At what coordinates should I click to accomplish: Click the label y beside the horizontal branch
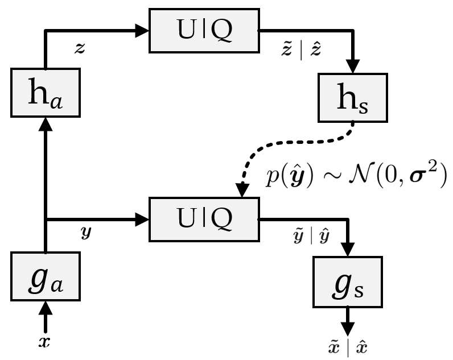coord(85,233)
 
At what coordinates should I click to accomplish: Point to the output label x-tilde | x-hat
coord(348,347)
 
